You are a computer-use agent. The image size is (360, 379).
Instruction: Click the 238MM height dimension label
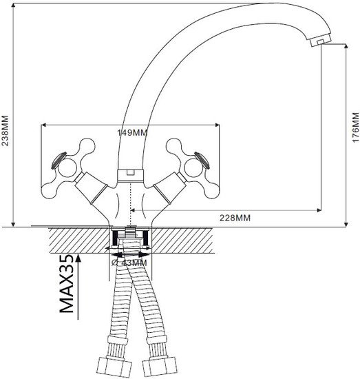click(5, 130)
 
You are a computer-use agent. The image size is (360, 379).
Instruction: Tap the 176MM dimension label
click(355, 127)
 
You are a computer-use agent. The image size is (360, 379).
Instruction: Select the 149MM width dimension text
click(132, 132)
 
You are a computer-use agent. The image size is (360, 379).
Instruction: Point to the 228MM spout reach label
click(235, 218)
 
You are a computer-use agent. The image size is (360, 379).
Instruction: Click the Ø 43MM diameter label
click(129, 263)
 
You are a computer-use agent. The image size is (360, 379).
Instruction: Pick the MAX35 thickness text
click(66, 284)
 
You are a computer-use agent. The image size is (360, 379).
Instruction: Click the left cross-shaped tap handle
click(68, 167)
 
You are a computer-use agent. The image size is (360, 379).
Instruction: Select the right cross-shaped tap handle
click(193, 168)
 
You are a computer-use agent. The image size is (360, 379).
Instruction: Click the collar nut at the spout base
click(131, 176)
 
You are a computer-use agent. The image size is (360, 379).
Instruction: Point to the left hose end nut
click(116, 366)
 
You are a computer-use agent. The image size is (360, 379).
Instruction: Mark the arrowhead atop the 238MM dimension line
click(14, 6)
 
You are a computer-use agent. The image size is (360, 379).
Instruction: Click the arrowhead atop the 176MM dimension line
click(346, 46)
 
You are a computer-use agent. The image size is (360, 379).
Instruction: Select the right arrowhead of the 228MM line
click(319, 210)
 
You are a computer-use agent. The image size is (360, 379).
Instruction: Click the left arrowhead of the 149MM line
click(44, 125)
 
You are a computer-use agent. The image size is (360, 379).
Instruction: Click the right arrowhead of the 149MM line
click(217, 125)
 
